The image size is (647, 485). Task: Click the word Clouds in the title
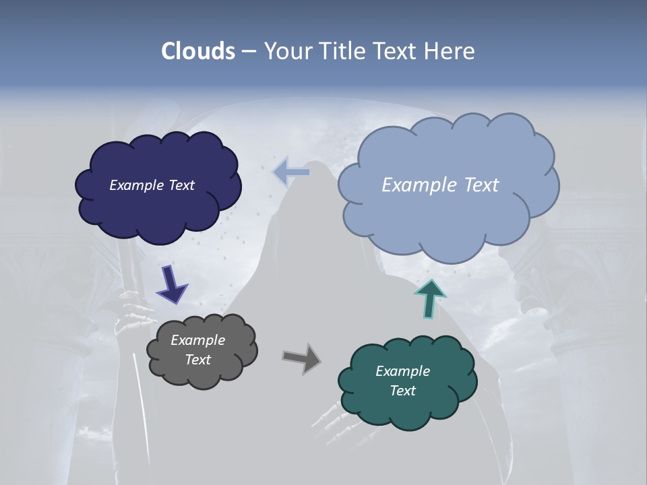point(198,51)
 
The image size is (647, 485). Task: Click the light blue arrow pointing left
point(291,172)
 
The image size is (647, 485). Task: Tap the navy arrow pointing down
point(172,284)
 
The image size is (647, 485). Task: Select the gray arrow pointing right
point(301,358)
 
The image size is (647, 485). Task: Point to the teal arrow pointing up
point(431,298)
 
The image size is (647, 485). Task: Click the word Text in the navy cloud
point(181,185)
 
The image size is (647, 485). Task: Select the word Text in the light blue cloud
point(480,185)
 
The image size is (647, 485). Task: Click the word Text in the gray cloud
point(198,360)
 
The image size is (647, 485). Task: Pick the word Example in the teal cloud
point(402,371)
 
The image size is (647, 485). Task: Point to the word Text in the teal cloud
point(402,391)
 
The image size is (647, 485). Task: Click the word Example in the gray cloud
point(198,340)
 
